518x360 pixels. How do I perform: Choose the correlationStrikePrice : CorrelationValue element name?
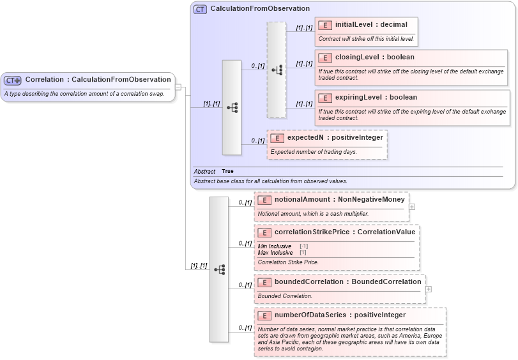click(x=345, y=232)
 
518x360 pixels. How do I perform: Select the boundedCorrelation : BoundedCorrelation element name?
click(x=347, y=281)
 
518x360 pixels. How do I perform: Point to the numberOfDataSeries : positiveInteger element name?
click(x=340, y=315)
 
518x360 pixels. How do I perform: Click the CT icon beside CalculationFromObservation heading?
click(x=201, y=9)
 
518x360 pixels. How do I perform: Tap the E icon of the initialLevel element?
click(x=325, y=25)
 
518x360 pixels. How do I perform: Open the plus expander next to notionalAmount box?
click(x=412, y=207)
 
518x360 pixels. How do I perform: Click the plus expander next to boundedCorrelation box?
click(x=428, y=289)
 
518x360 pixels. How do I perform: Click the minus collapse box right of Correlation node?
click(x=178, y=87)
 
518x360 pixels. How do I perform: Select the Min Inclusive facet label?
click(x=275, y=246)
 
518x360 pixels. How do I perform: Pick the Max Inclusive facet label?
click(x=275, y=253)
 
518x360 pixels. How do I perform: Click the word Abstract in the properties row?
click(x=205, y=172)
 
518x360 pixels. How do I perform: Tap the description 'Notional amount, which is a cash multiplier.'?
click(x=313, y=214)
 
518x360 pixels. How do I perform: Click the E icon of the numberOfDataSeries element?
click(x=265, y=315)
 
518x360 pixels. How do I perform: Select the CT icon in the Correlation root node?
click(x=13, y=80)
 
